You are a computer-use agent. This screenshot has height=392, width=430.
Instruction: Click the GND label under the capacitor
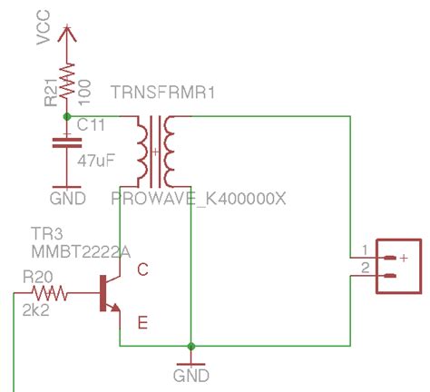pos(67,197)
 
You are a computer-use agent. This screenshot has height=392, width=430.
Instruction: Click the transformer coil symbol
pos(155,151)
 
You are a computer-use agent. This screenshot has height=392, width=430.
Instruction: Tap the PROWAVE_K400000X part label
pos(198,198)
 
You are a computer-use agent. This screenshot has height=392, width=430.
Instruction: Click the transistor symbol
pos(108,295)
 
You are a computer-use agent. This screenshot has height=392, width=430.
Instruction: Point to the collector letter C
pos(142,269)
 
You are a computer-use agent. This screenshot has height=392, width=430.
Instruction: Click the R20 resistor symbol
pos(50,293)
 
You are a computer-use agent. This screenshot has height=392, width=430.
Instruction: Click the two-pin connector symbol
pos(398,266)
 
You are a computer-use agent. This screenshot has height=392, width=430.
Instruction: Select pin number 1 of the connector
pos(365,250)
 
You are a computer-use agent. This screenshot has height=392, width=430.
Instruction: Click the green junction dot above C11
pos(65,116)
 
